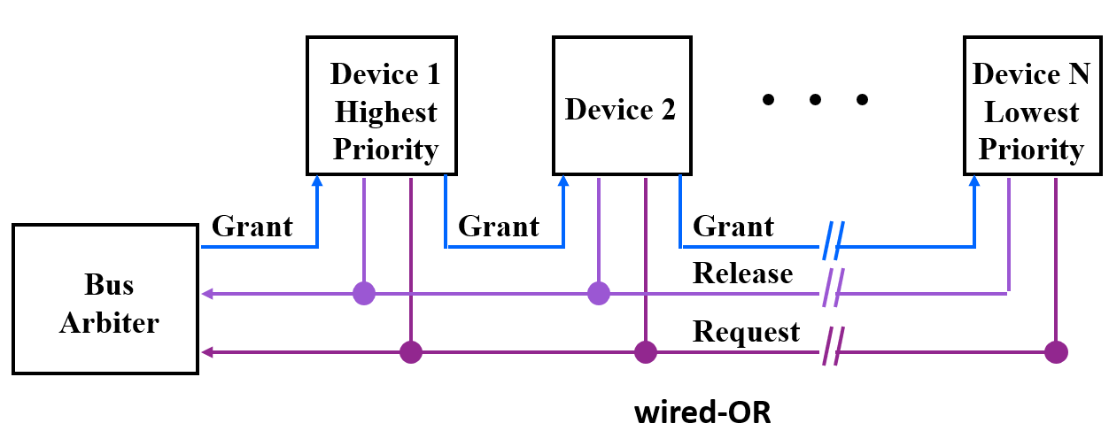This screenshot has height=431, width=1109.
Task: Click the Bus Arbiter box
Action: click(x=105, y=298)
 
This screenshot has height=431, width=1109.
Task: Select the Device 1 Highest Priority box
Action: click(x=382, y=105)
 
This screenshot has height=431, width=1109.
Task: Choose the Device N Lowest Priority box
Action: click(x=1030, y=105)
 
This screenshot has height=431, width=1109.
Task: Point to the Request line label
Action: click(x=746, y=332)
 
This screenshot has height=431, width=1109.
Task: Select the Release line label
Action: click(x=742, y=273)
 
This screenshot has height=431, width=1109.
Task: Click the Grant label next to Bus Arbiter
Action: click(x=252, y=227)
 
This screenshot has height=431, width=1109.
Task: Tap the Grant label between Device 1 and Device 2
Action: click(x=498, y=227)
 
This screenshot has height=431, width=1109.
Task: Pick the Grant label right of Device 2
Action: click(x=733, y=227)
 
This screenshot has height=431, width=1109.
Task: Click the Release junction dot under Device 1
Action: click(x=364, y=293)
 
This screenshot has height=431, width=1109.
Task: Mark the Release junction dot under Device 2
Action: click(x=599, y=293)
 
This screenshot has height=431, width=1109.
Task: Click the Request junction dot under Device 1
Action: click(x=410, y=352)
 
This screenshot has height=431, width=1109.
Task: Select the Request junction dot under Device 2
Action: click(x=646, y=352)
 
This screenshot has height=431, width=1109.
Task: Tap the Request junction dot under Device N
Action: click(x=1055, y=352)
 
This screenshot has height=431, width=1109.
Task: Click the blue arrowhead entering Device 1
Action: click(x=317, y=181)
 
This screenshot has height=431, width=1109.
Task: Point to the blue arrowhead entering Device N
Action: click(x=974, y=181)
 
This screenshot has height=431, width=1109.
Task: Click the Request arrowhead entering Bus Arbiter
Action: click(x=208, y=352)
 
